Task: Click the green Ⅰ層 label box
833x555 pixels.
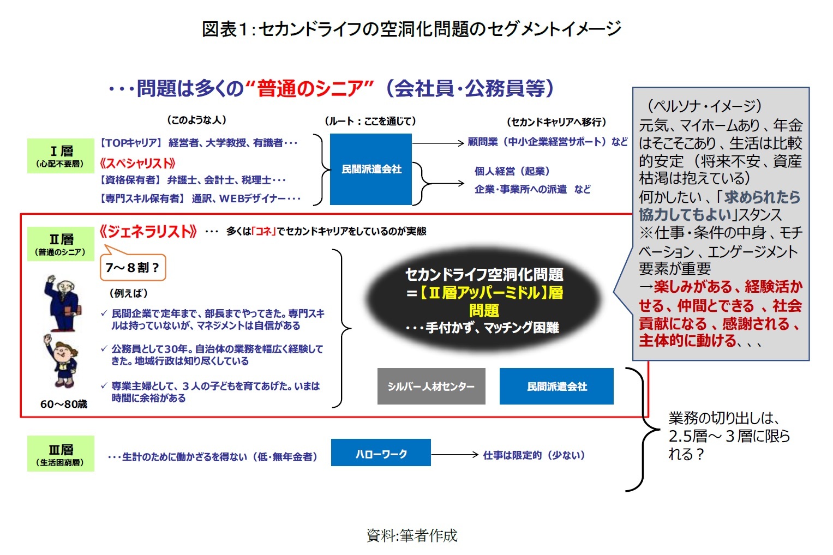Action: coord(61,156)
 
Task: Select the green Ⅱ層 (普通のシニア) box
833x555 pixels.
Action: coord(61,244)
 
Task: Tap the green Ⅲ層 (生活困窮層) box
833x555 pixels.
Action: coord(61,454)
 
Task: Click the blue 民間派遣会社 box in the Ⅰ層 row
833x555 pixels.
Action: coord(371,170)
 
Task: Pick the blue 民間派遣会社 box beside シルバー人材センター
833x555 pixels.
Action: coord(556,386)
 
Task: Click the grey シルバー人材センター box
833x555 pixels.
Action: coord(431,386)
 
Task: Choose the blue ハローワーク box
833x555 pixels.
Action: coord(381,453)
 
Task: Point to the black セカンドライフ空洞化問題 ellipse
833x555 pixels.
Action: coord(484,299)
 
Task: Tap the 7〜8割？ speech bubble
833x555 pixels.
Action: coord(133,267)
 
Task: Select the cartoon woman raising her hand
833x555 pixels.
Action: coord(60,360)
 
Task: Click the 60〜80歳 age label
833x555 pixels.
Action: coord(64,404)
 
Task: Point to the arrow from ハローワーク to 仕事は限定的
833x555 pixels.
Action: coord(454,454)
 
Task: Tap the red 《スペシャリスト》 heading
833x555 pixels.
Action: coord(137,163)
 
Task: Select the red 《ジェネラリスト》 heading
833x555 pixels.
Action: coord(148,232)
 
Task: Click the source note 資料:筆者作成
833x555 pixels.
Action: coord(412,535)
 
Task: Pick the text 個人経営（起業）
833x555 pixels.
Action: coord(512,171)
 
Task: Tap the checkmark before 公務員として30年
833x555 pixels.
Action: coord(104,349)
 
